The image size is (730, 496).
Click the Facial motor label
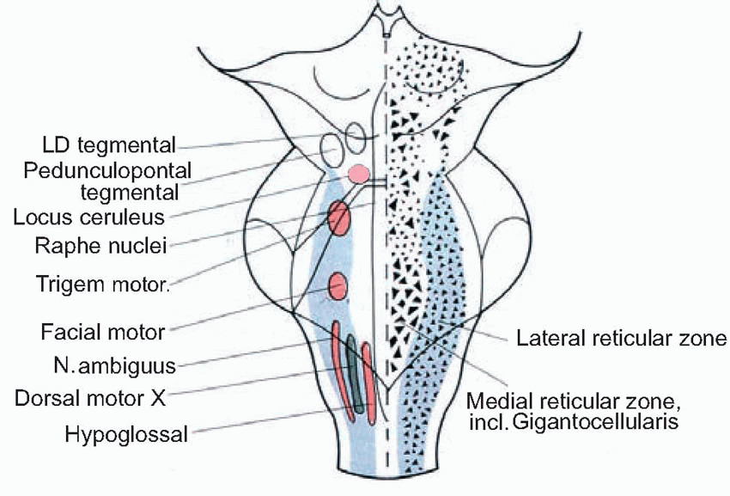pos(102,330)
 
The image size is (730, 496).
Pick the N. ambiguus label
pos(112,365)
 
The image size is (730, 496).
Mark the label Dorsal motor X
pos(94,399)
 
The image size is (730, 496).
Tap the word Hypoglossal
pos(125,435)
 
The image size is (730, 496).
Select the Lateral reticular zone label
pos(622,338)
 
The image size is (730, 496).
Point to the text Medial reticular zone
pos(573,401)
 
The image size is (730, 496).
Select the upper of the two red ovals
pos(338,218)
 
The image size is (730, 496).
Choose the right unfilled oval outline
pos(355,134)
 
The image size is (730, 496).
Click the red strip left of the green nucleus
pos(339,365)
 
